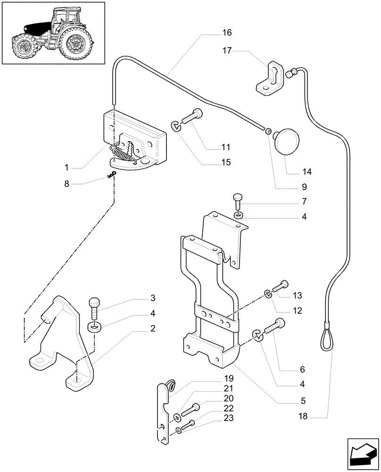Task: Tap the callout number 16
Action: click(227, 33)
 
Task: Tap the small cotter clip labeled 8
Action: click(112, 176)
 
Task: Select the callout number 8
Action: click(67, 184)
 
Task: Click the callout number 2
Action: click(152, 329)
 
